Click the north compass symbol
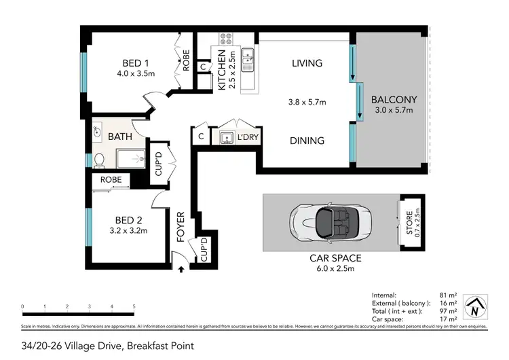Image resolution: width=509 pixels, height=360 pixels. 479,308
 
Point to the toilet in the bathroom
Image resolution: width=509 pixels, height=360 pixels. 99,160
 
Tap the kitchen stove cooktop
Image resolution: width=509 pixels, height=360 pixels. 226,39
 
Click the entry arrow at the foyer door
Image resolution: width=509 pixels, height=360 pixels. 181,269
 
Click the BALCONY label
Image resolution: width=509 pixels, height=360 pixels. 394,99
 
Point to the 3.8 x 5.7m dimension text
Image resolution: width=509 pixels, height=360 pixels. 305,103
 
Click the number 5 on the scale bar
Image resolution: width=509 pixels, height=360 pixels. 134,307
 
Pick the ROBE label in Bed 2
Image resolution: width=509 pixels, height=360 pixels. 111,180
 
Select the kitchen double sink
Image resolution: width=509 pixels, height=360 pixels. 248,59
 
